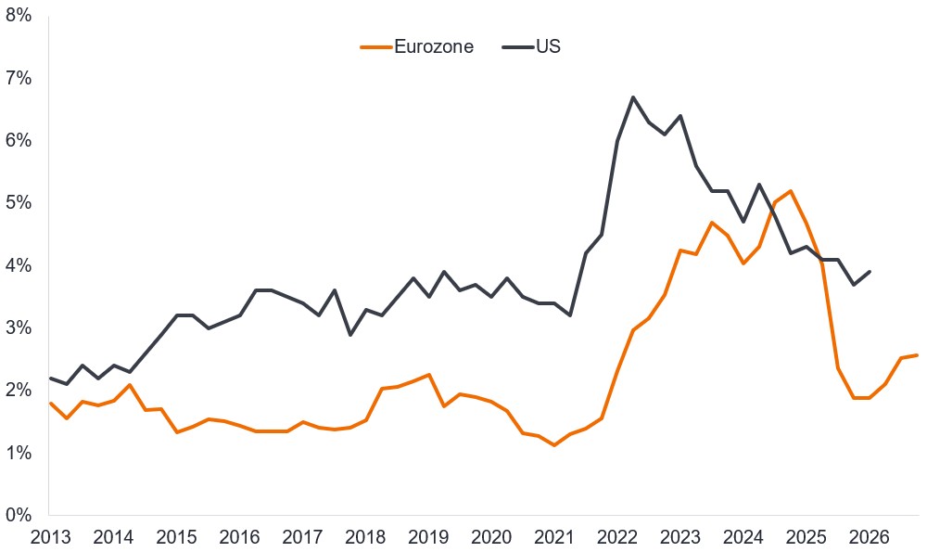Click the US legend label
point(548,47)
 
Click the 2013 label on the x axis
point(50,536)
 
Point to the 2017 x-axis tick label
point(302,536)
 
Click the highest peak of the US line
point(632,97)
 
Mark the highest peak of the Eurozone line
point(790,191)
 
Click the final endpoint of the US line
point(869,272)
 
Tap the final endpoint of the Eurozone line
point(916,354)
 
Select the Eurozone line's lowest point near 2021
point(554,445)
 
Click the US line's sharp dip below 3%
point(349,334)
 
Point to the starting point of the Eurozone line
point(50,404)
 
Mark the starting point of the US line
point(50,378)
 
